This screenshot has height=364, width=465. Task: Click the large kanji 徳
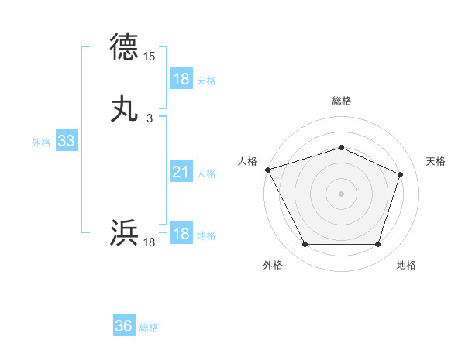[x=125, y=47]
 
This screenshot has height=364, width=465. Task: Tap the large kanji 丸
[x=125, y=109]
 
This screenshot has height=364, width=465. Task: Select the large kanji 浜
[x=125, y=233]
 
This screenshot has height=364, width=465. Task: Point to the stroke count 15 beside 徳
[x=150, y=57]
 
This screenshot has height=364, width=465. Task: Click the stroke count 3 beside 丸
[x=150, y=118]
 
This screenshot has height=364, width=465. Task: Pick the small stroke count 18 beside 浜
[x=150, y=242]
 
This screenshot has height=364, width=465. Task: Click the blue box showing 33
[x=66, y=141]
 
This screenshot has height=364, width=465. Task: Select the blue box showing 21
[x=181, y=173]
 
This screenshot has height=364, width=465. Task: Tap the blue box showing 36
[x=123, y=326]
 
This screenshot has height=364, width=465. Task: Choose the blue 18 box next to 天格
[x=181, y=79]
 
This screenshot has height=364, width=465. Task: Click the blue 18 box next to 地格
[x=181, y=235]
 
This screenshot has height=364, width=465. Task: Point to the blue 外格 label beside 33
[x=41, y=142]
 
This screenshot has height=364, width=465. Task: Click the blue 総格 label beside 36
[x=149, y=327]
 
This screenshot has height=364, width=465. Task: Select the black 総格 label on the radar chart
[x=342, y=101]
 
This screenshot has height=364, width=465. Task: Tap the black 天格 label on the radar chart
[x=436, y=161]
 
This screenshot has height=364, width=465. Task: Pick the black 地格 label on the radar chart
[x=406, y=265]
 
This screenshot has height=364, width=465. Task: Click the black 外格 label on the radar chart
[x=273, y=265]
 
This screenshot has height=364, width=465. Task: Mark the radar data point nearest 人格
[x=267, y=169]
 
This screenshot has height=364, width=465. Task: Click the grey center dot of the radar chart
[x=341, y=193]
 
